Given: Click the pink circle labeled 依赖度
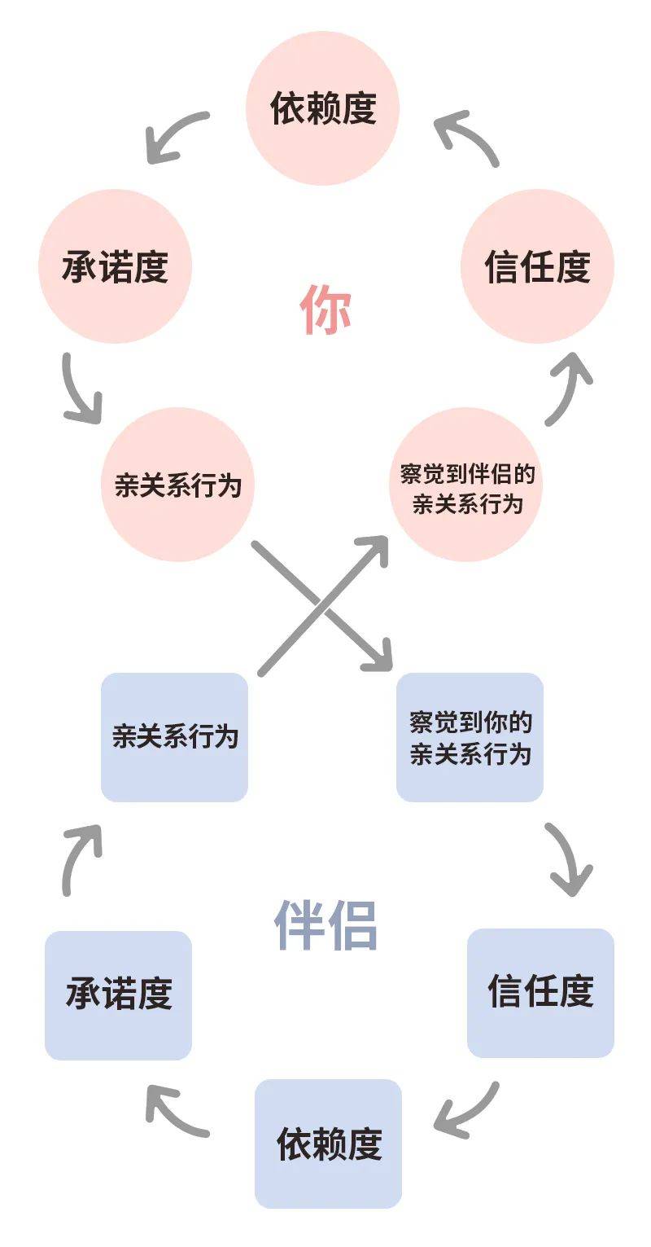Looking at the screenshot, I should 323,108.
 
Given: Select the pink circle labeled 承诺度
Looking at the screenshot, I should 115,266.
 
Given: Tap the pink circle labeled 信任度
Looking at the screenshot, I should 537,266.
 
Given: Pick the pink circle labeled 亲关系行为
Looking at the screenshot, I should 177,485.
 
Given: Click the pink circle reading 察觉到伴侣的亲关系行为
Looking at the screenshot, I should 466,486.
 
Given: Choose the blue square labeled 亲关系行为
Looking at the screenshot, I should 174,736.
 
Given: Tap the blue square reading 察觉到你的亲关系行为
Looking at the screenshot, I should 470,736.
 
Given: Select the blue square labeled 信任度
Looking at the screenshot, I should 540,992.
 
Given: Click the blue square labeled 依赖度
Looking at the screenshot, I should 328,1143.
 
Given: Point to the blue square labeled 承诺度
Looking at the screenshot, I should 118,995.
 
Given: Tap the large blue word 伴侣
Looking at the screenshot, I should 325,925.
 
